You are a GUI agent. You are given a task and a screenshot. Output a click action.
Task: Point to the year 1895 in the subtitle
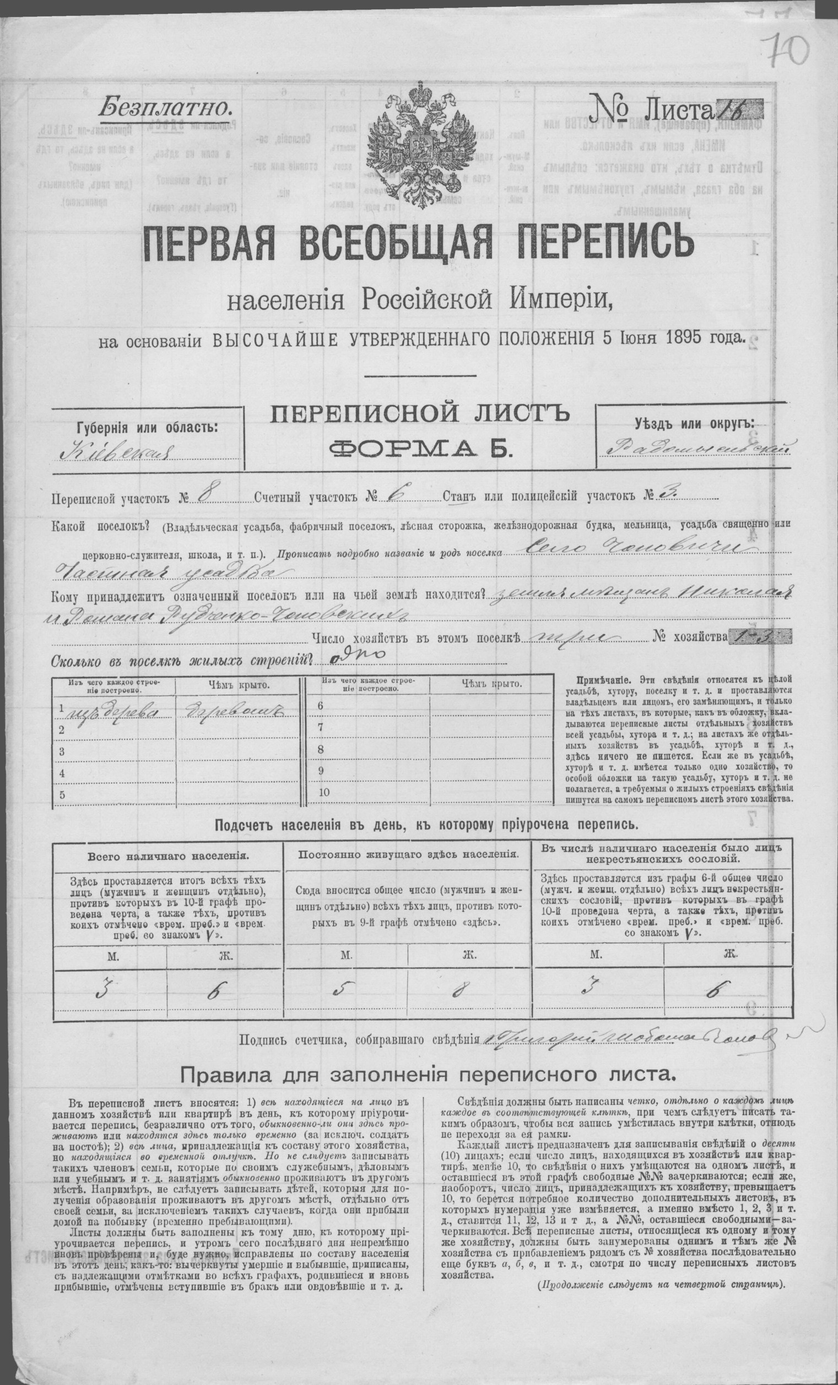pyautogui.click(x=699, y=338)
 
